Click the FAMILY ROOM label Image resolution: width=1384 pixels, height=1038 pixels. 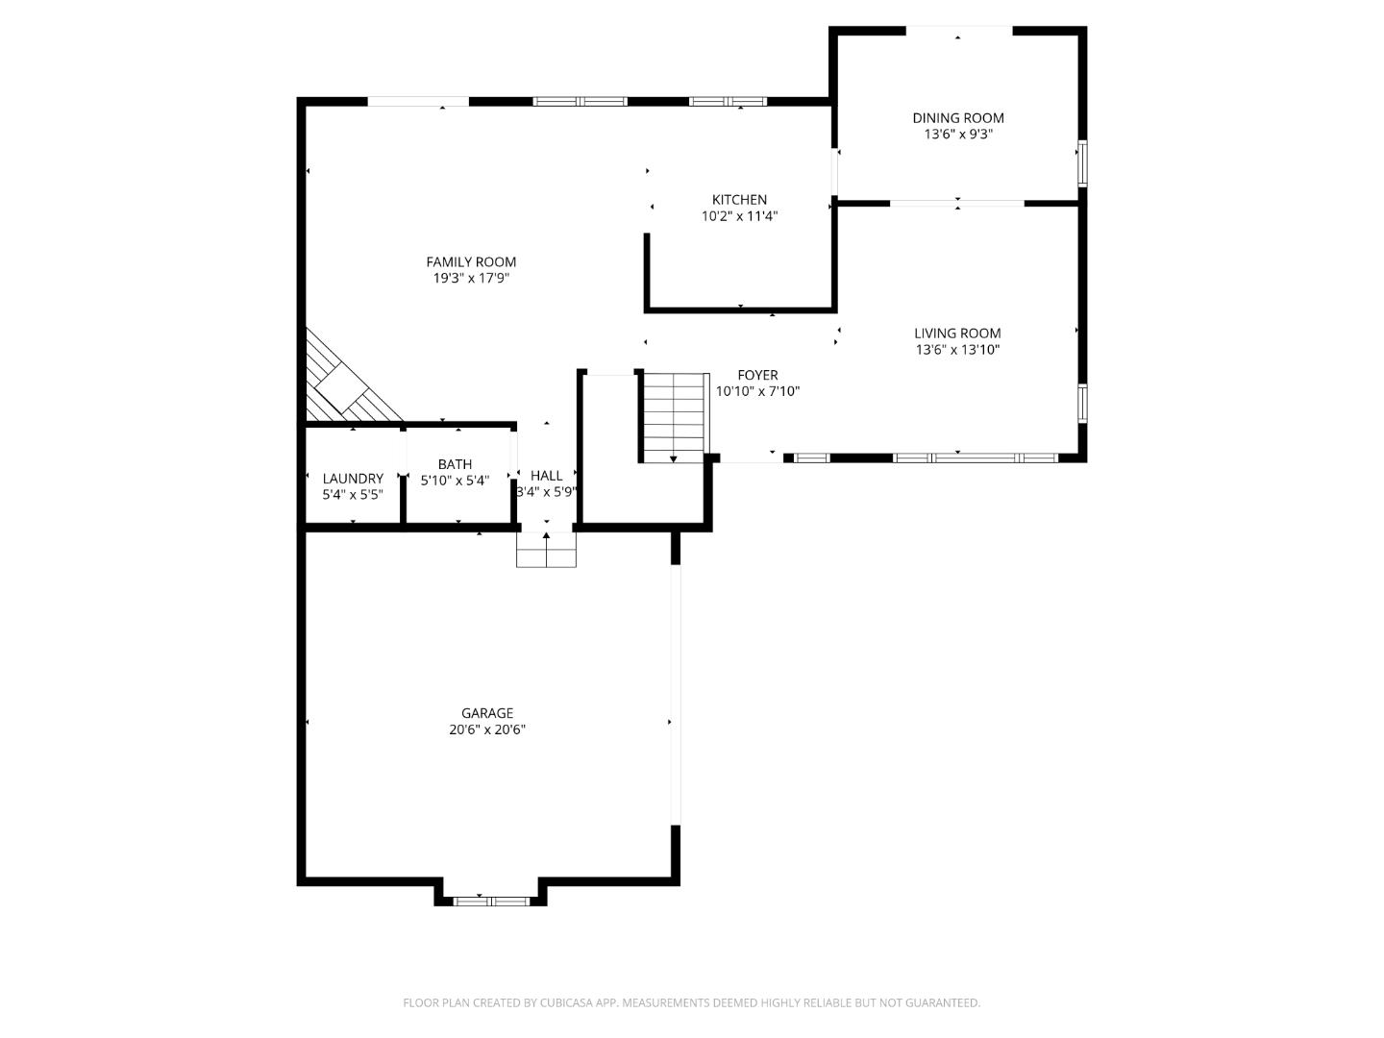tap(471, 261)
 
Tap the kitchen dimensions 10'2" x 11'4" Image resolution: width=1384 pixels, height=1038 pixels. tap(739, 216)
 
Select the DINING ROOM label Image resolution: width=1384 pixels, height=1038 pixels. tap(957, 118)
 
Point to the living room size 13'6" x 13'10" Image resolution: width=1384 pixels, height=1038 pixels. tap(957, 350)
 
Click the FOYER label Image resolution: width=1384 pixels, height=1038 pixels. tap(757, 375)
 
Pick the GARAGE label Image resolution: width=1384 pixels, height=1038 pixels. tap(487, 713)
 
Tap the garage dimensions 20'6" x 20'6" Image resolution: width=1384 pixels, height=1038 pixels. tap(487, 729)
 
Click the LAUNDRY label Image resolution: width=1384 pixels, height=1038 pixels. tap(353, 479)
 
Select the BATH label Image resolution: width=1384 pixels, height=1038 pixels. tap(455, 464)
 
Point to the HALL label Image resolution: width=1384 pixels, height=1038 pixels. tap(546, 476)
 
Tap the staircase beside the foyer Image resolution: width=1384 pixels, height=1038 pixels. tap(674, 416)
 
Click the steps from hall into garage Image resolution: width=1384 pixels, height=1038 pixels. tap(546, 549)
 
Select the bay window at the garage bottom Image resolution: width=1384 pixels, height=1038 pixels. tap(491, 901)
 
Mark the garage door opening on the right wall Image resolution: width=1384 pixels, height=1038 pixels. tap(676, 694)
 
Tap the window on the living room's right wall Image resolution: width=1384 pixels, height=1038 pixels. tap(1082, 404)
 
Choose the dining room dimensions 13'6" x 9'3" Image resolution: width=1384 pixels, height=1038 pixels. tap(957, 135)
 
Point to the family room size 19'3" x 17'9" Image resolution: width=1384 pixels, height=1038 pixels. tap(471, 278)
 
